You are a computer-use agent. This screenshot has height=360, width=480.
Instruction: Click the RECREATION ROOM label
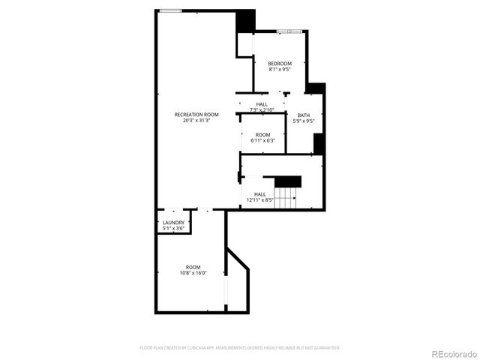click(196, 114)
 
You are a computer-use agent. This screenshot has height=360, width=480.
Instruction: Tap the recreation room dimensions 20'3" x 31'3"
click(196, 120)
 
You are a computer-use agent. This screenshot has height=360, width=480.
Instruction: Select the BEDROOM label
click(280, 63)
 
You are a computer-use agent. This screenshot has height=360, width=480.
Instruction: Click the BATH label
click(303, 115)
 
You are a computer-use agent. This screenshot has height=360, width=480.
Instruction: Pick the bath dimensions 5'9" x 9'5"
click(303, 121)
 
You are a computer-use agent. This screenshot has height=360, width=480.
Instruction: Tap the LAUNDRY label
click(172, 223)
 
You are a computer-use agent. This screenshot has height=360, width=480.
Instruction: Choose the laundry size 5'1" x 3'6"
click(172, 228)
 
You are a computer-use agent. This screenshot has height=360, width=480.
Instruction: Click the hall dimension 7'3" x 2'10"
click(262, 110)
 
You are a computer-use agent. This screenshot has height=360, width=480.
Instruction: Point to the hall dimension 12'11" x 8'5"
click(260, 200)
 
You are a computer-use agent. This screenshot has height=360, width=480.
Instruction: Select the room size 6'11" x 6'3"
click(262, 140)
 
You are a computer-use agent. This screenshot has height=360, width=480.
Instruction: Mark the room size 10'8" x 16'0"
click(193, 273)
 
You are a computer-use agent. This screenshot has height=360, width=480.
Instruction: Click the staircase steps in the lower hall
click(285, 197)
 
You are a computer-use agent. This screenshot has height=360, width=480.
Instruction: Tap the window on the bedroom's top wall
click(289, 31)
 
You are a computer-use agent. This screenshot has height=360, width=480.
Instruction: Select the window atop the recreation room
click(170, 10)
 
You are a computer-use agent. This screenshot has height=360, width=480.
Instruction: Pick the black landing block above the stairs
click(287, 181)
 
